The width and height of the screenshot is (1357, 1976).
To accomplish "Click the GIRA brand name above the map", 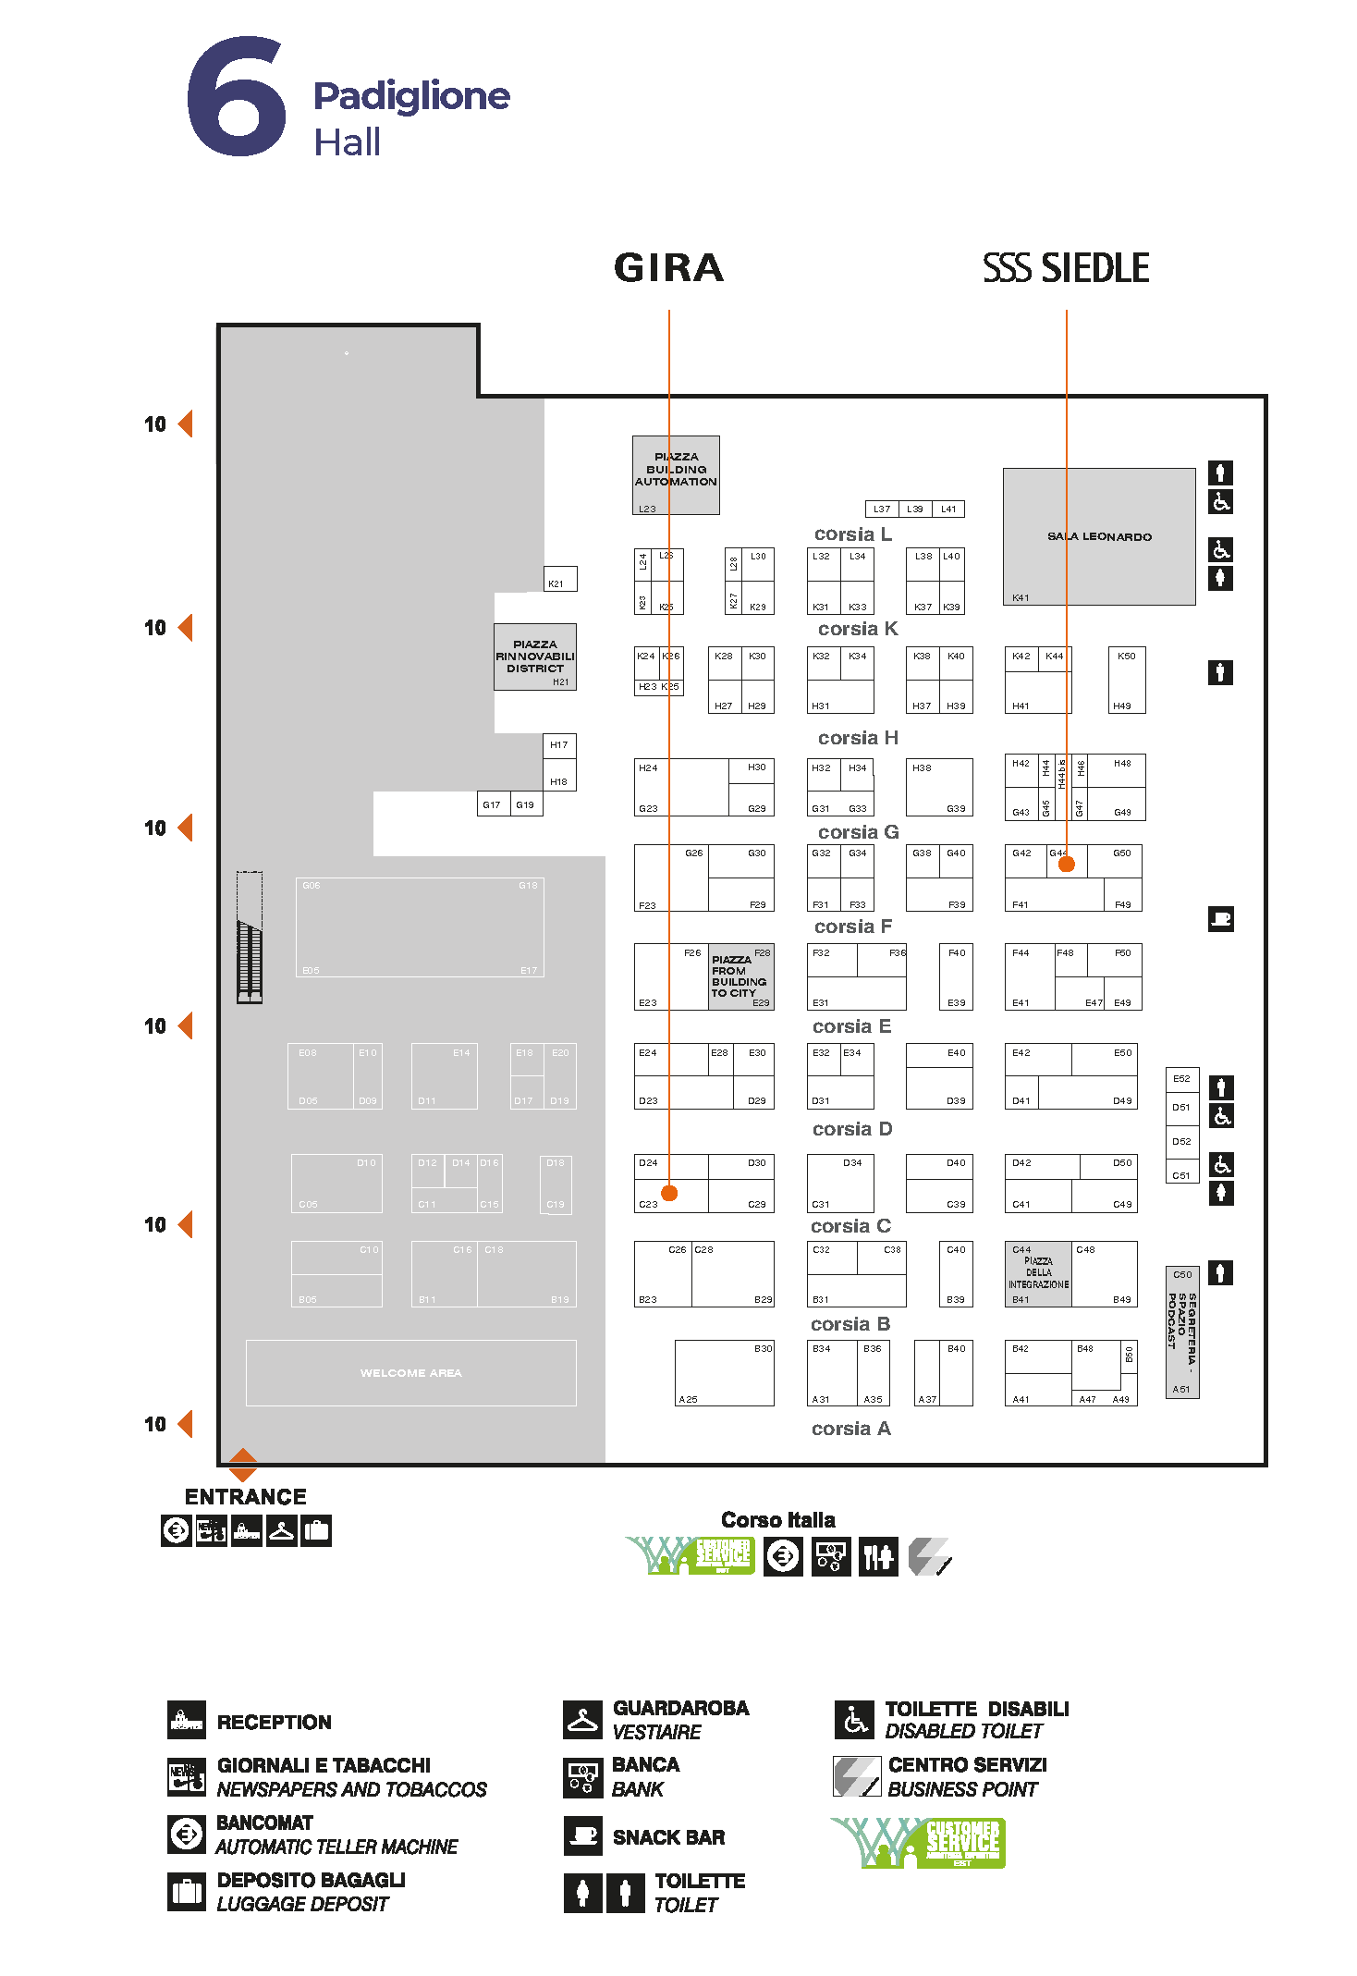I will pyautogui.click(x=668, y=268).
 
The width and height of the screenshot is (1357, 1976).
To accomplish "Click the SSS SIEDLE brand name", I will pyautogui.click(x=1066, y=268).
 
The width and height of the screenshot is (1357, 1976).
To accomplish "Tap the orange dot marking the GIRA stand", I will pyautogui.click(x=669, y=1193).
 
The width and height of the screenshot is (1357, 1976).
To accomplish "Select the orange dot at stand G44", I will pyautogui.click(x=1066, y=864).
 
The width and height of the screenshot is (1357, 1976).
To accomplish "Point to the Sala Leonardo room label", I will pyautogui.click(x=1099, y=536).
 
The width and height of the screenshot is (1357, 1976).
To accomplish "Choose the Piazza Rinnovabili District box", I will pyautogui.click(x=534, y=657).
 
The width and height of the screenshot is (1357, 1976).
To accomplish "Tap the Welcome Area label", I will pyautogui.click(x=410, y=1373).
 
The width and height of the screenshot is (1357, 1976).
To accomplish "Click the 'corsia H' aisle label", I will pyautogui.click(x=858, y=738).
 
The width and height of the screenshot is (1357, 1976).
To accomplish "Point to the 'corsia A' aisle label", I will pyautogui.click(x=850, y=1429).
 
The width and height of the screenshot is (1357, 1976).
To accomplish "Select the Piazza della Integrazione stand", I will pyautogui.click(x=1038, y=1273).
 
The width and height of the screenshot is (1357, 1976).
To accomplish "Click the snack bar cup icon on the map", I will pyautogui.click(x=1220, y=919).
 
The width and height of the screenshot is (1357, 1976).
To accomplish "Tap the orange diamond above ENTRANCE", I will pyautogui.click(x=242, y=1464).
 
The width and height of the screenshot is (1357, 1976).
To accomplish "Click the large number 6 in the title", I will pyautogui.click(x=237, y=98).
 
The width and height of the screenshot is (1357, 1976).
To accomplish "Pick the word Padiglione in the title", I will pyautogui.click(x=411, y=95).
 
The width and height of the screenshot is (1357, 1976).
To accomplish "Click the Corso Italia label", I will pyautogui.click(x=777, y=1520).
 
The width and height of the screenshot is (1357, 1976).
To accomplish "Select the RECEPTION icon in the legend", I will pyautogui.click(x=186, y=1721).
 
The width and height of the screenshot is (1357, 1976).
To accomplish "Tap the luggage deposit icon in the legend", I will pyautogui.click(x=186, y=1891).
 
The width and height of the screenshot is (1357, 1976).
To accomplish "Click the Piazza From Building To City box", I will pyautogui.click(x=740, y=976).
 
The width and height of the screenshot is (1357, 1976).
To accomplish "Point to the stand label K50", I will pyautogui.click(x=1126, y=657).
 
